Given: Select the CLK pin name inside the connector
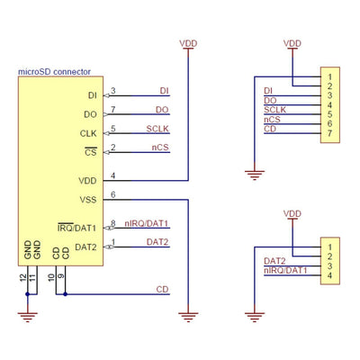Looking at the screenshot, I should pos(88,133).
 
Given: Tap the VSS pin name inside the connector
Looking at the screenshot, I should pos(87,199).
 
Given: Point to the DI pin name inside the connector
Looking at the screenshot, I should pos(92,94).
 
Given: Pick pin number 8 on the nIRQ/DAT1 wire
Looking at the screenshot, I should pos(112,223).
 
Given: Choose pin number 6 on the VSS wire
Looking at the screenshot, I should pos(112,194).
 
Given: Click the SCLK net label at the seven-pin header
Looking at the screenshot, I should pos(274,110).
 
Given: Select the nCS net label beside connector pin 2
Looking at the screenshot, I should pos(157,147).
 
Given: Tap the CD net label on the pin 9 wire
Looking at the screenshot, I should pos(162,289).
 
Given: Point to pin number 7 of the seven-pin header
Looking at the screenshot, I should pos(331,134).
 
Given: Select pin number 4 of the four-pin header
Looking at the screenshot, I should pos(331,276).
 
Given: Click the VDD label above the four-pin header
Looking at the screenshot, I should pos(292,213).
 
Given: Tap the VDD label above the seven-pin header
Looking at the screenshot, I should pos(292,42).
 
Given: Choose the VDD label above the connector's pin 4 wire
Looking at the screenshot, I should pos(189,42).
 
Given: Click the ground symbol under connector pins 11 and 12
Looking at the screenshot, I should pos(29,315).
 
